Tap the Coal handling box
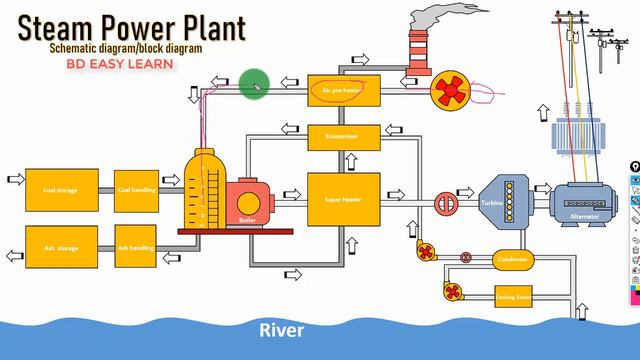tap(137, 189)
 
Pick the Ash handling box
tap(137, 247)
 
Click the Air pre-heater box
tap(342, 89)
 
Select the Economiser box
tap(342, 135)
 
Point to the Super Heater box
tap(342, 199)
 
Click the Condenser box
tap(513, 259)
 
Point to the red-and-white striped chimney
tap(417, 50)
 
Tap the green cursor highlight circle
tap(254, 84)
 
